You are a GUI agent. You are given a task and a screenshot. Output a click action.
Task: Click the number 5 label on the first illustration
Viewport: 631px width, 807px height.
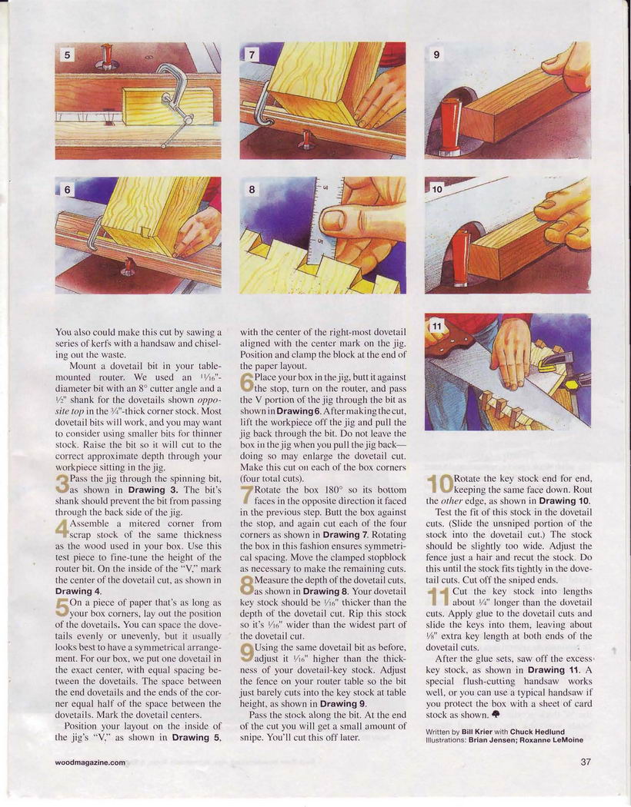67,54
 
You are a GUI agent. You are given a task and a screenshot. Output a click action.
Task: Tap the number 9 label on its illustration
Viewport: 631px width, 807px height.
436,54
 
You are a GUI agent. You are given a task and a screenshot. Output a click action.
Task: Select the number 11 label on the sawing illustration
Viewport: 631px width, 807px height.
437,327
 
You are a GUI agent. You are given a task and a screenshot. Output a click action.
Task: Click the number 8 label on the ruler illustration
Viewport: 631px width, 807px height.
252,189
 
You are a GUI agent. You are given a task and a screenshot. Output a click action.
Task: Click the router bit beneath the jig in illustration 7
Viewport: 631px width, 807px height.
308,139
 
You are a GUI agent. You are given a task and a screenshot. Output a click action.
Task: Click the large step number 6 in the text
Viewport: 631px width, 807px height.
247,383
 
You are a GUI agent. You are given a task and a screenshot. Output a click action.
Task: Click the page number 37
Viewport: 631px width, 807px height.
586,762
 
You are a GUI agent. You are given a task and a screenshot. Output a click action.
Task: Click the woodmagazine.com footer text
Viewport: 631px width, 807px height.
90,762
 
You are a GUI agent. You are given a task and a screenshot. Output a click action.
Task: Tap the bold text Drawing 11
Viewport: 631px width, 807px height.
553,670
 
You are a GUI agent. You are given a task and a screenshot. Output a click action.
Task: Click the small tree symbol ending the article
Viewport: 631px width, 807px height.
496,714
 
